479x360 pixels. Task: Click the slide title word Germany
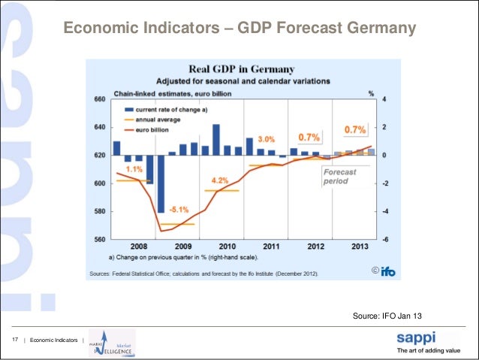(381, 29)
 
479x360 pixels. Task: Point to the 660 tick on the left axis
(99, 99)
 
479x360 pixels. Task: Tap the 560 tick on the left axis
(99, 240)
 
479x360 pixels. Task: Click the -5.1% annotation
(179, 209)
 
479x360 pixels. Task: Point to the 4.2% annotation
(220, 181)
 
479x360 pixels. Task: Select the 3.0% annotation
(267, 140)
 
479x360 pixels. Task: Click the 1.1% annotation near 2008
(134, 170)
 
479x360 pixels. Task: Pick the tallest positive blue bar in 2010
(216, 139)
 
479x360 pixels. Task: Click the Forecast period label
(340, 177)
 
